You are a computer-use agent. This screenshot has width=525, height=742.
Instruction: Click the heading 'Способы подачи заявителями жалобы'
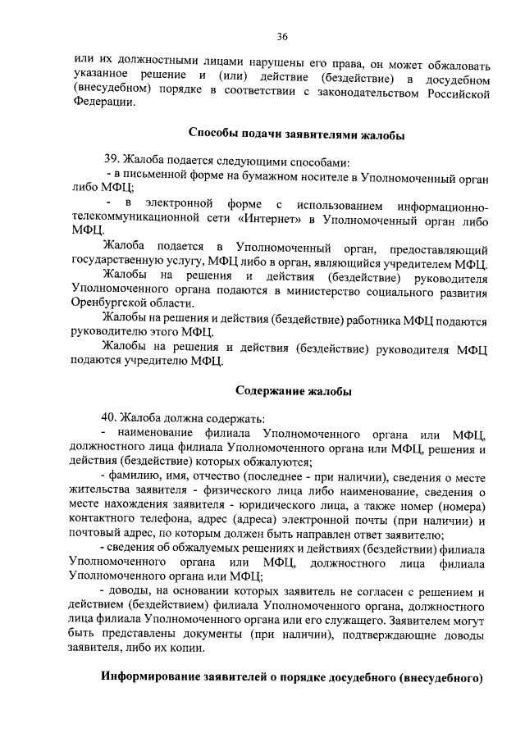click(296, 134)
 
